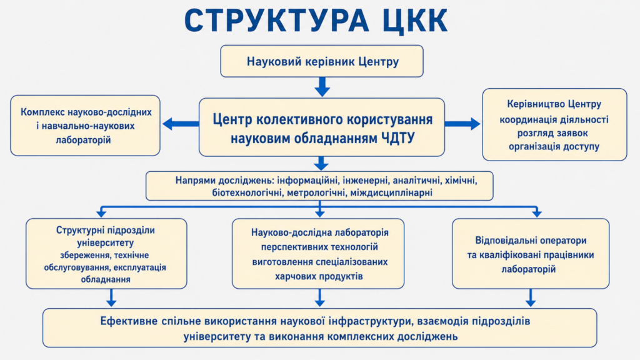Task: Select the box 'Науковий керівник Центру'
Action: [x=322, y=61]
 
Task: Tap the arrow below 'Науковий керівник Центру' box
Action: [x=322, y=87]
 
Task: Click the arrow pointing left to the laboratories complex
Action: [x=181, y=124]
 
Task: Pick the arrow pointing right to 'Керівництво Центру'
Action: [x=462, y=124]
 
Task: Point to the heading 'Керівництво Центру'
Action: [x=554, y=104]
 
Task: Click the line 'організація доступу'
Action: [x=554, y=146]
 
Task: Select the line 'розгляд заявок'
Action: [x=552, y=133]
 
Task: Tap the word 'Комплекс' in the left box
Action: [x=42, y=112]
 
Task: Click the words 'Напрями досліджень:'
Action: [x=224, y=181]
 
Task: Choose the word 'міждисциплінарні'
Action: [x=391, y=192]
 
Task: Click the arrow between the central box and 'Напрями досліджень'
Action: [x=321, y=163]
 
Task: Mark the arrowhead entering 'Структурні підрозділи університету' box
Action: [x=101, y=213]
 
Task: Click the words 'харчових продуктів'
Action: [x=319, y=276]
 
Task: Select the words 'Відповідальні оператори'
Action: [x=531, y=241]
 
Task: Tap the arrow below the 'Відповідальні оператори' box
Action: [x=530, y=297]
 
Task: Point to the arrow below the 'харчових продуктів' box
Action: [x=319, y=297]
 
